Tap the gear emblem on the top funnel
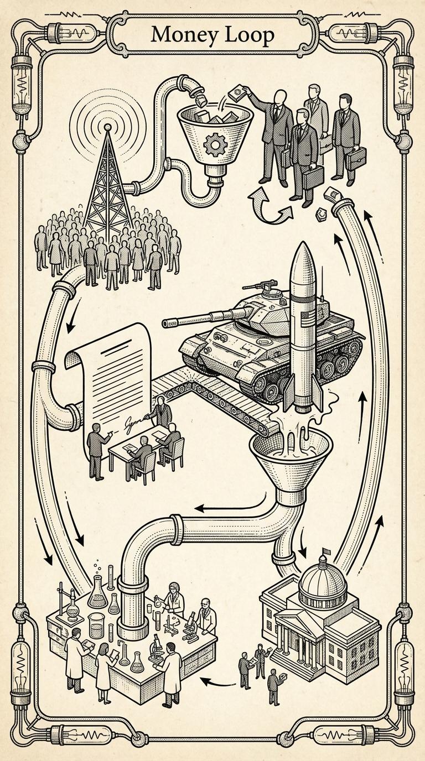(x=212, y=145)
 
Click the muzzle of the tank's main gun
(x=165, y=322)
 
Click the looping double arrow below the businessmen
(x=271, y=206)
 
